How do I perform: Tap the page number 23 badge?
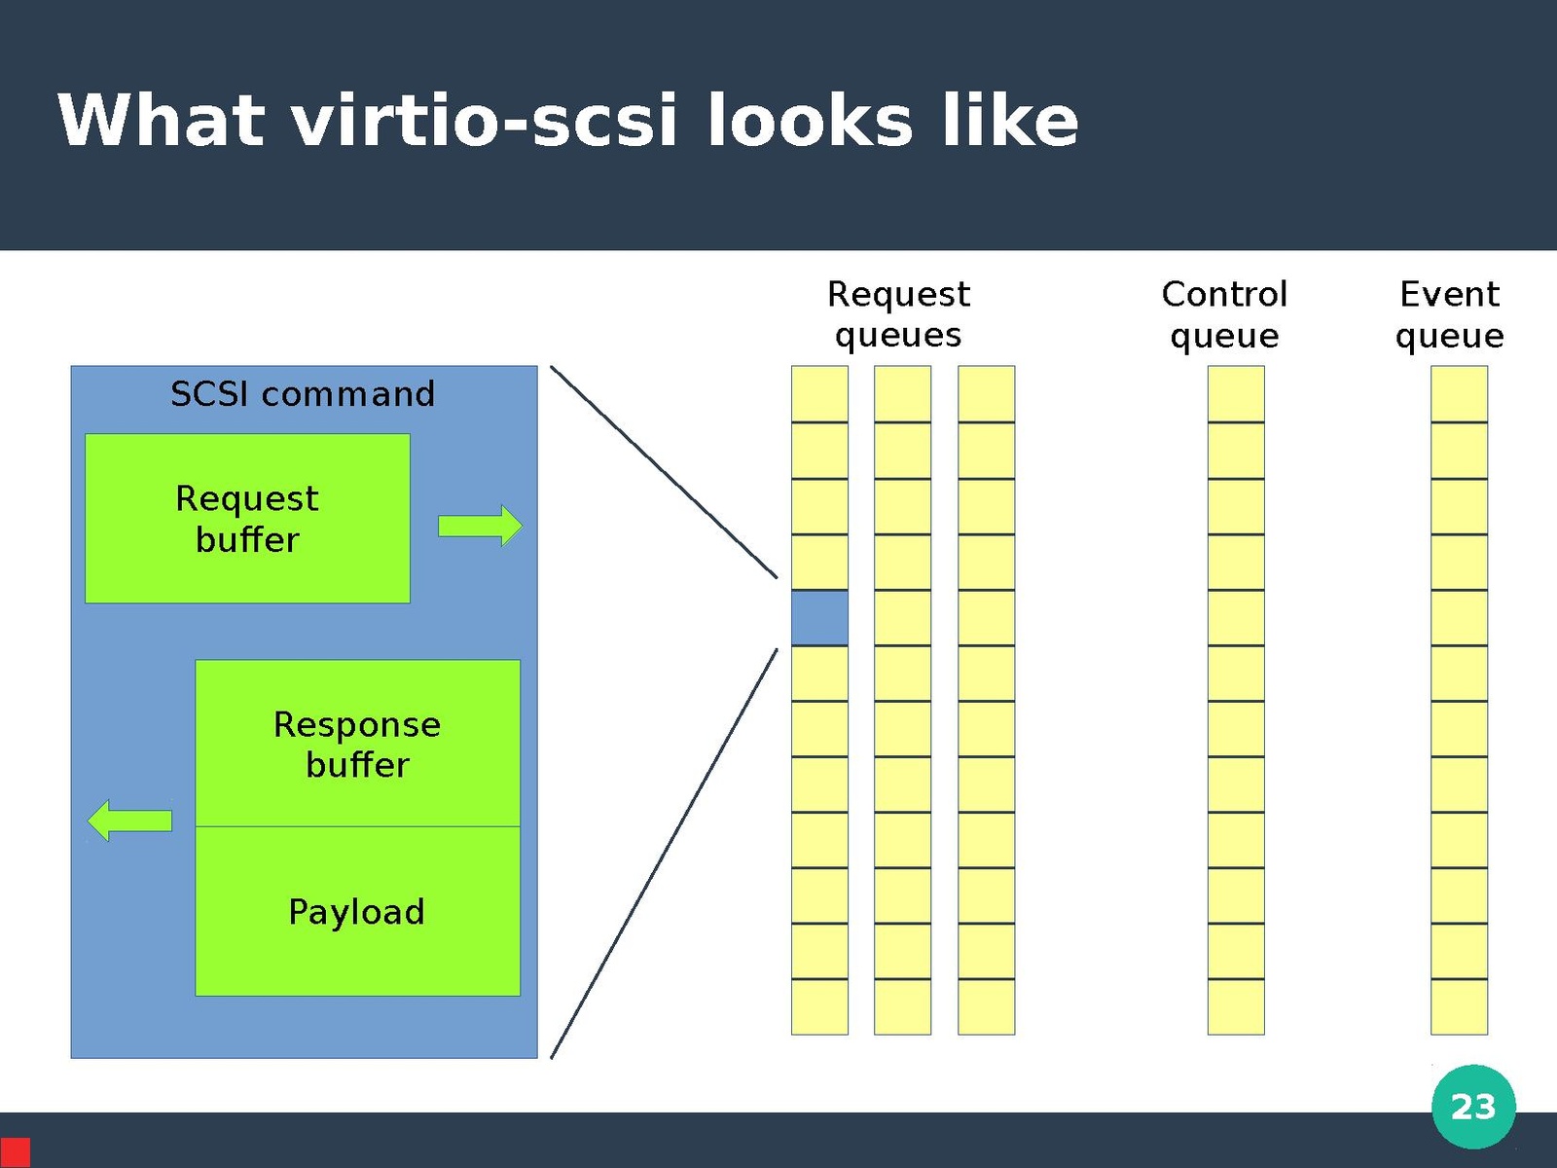click(1472, 1107)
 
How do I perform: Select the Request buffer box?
click(247, 518)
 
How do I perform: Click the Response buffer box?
click(357, 744)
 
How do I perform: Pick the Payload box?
click(357, 912)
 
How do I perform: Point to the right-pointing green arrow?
click(480, 526)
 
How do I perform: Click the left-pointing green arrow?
click(129, 821)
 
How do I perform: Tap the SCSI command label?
click(303, 394)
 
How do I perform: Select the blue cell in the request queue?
click(819, 617)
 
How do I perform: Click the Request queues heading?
click(898, 313)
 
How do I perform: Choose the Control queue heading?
click(1224, 313)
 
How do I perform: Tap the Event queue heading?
click(1449, 313)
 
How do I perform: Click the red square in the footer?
click(15, 1151)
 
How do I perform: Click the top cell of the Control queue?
click(1236, 394)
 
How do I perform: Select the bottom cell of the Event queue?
click(1459, 1006)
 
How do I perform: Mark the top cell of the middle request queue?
click(902, 394)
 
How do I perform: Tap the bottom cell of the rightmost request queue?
click(986, 1006)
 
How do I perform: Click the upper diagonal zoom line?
click(664, 472)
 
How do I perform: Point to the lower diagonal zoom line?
click(664, 853)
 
